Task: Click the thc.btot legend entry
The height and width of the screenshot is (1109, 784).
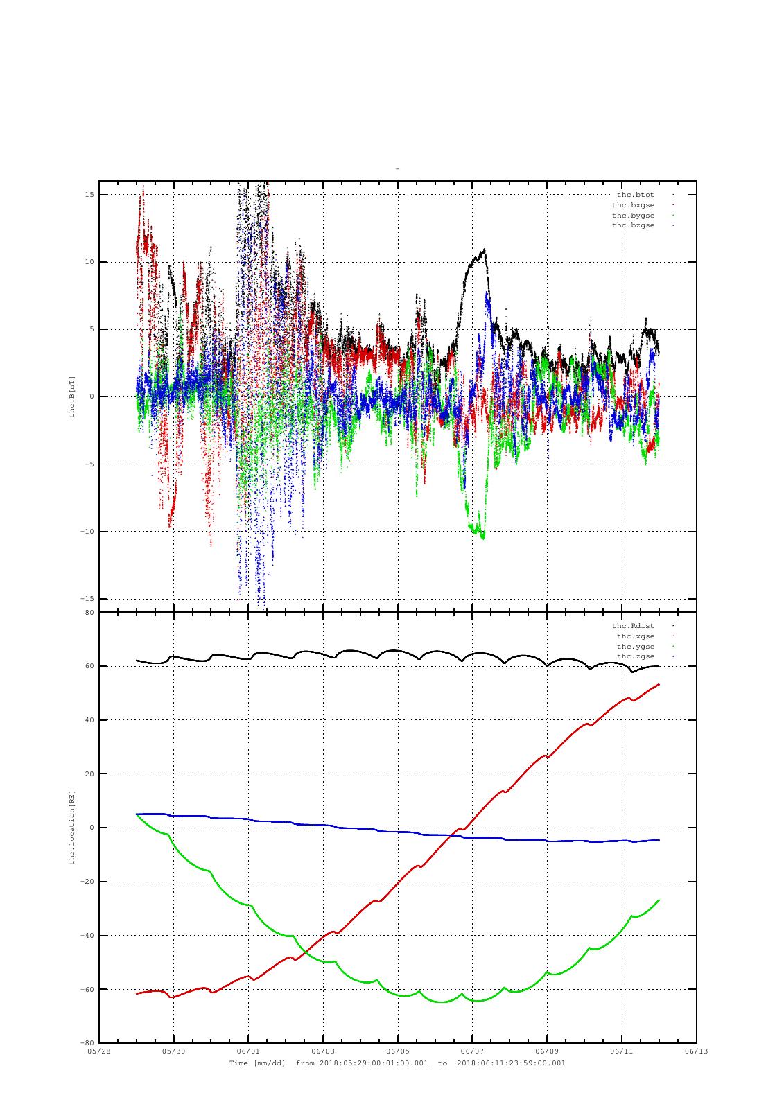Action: pos(635,195)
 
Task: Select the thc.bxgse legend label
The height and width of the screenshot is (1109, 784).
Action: pos(633,205)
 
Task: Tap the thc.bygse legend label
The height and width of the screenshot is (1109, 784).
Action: pos(633,216)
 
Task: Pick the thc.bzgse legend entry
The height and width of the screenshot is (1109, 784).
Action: pos(633,225)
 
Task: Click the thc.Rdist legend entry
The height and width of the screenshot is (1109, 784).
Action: pos(633,626)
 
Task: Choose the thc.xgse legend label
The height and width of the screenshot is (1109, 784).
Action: pos(636,636)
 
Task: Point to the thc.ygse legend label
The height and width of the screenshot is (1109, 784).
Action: pos(636,647)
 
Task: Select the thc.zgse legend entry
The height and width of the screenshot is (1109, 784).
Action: pos(636,656)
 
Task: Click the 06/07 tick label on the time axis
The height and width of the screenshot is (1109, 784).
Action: pos(472,1051)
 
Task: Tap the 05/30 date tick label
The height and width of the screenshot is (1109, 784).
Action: pos(173,1051)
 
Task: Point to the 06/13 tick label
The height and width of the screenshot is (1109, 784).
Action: pos(697,1051)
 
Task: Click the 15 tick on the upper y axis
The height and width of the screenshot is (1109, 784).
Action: pos(89,195)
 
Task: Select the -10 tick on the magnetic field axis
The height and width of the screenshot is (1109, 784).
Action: pos(87,531)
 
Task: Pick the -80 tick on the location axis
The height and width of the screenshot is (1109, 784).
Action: pos(87,1043)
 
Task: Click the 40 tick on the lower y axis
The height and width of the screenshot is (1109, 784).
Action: pos(89,720)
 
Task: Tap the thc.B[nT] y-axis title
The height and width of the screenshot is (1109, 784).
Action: pos(72,397)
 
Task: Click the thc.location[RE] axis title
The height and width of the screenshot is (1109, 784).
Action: pos(72,828)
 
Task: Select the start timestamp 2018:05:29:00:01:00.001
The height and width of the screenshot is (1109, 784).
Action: pos(374,1063)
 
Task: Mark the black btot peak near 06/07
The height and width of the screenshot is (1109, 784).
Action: pos(484,250)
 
